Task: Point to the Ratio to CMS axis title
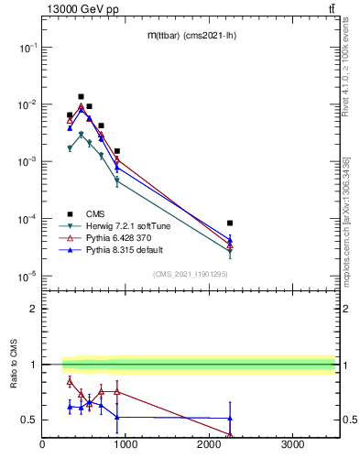(x=15, y=364)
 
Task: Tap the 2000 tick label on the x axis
(x=209, y=446)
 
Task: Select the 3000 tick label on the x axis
(x=292, y=446)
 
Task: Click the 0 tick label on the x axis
(x=43, y=446)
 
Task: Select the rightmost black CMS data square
(x=230, y=223)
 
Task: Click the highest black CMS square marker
(x=81, y=96)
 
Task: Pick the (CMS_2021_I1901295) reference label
(x=190, y=274)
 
